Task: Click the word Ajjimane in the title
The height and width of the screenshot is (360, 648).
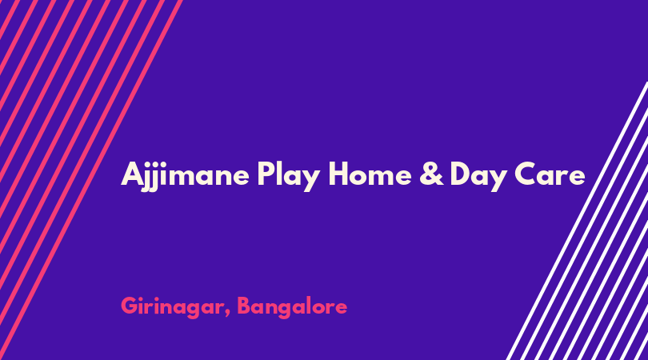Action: [x=185, y=176]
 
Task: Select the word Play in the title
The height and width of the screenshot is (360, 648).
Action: [x=289, y=176]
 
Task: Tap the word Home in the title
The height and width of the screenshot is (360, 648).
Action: [x=370, y=174]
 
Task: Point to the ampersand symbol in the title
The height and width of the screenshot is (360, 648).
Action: [x=431, y=174]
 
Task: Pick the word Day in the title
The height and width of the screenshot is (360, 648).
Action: [x=478, y=177]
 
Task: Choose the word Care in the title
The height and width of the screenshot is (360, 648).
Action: [x=550, y=174]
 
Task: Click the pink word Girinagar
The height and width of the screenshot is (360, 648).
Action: [x=173, y=307]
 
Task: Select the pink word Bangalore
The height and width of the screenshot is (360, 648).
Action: [x=292, y=307]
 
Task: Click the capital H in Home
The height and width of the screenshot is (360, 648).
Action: [x=338, y=174]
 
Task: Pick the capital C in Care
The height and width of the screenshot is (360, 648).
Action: [x=526, y=174]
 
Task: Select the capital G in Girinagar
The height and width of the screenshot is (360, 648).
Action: [x=130, y=306]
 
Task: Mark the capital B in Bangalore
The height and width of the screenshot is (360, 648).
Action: [x=245, y=306]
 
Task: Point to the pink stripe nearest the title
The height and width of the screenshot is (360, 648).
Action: [x=90, y=180]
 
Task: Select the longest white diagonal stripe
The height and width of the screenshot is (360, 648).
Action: [x=578, y=221]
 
